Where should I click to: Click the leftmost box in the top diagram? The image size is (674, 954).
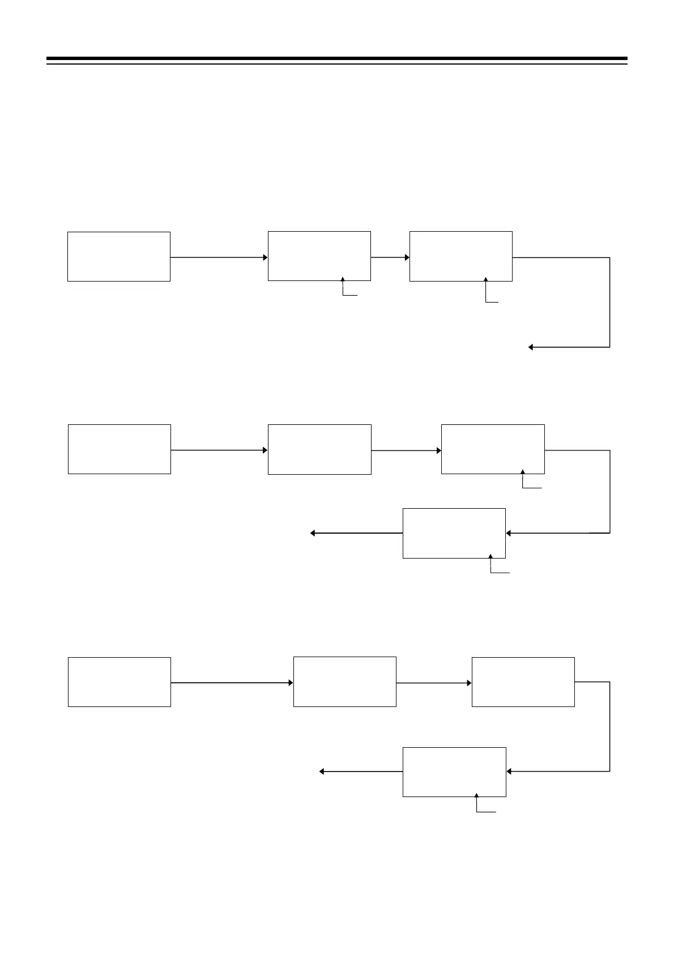tap(119, 256)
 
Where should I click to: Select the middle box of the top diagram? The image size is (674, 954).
tap(319, 255)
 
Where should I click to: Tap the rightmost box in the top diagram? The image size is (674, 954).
tap(461, 255)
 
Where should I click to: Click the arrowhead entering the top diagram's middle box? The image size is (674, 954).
tap(265, 257)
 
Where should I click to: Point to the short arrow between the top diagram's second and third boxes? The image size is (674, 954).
tap(390, 257)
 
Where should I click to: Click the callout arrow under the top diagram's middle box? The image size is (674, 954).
tap(343, 286)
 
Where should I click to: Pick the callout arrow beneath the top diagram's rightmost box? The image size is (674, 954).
tap(486, 289)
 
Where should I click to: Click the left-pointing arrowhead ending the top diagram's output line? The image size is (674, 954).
tap(531, 347)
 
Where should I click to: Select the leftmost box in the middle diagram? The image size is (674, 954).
tap(120, 449)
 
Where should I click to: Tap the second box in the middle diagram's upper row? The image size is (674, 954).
tap(319, 449)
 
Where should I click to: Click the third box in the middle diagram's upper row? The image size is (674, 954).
tap(493, 449)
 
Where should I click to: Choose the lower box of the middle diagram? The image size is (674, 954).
tap(454, 533)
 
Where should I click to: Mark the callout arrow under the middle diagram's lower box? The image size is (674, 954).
tap(491, 564)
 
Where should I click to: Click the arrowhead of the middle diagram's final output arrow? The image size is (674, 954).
tap(313, 533)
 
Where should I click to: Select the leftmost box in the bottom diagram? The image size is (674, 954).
tap(120, 682)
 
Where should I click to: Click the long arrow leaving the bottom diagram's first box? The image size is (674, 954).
tap(232, 683)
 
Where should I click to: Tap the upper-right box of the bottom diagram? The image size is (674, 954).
tap(523, 682)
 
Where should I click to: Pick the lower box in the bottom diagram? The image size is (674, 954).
tap(454, 772)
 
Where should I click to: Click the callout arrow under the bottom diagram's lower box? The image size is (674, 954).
tap(477, 803)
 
